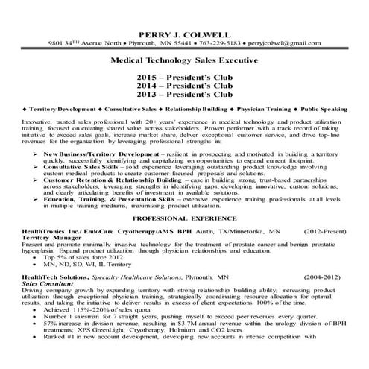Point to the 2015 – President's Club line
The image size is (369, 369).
coord(183,77)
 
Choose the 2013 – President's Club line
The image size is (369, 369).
coord(183,95)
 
